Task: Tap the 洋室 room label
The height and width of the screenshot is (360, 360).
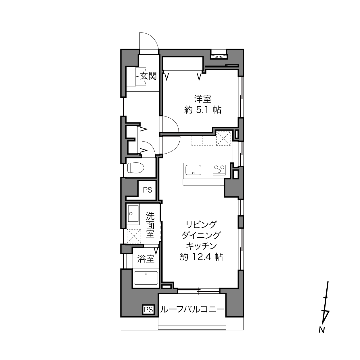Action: pos(203,99)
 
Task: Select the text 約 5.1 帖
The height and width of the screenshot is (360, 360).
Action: pos(203,110)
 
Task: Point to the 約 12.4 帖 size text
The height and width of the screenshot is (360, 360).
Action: pos(201,257)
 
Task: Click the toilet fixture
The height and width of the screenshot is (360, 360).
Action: pos(136,168)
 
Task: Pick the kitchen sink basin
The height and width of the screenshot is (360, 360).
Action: pos(193,170)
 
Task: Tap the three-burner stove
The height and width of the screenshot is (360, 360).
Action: pos(219,170)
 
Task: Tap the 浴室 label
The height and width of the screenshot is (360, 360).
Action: pos(146,259)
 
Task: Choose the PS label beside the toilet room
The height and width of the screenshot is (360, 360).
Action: pos(148,190)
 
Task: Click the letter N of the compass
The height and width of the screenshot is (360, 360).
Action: pos(321,330)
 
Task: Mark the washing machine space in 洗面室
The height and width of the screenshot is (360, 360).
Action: pos(134,236)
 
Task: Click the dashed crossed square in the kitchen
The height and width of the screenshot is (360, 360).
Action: pos(223,138)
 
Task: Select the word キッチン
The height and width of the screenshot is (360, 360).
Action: pos(201,246)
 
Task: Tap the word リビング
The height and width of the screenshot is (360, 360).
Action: pos(201,224)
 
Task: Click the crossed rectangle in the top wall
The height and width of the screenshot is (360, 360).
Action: pos(219,56)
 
